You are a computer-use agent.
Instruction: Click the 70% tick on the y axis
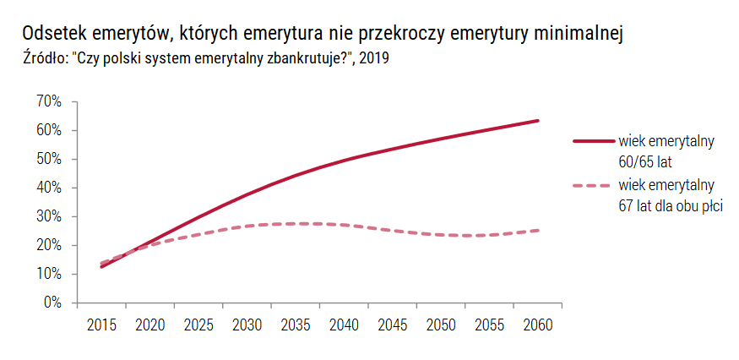click(x=49, y=101)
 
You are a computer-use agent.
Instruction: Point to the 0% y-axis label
click(x=52, y=303)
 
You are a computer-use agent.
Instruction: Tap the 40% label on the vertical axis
click(x=49, y=188)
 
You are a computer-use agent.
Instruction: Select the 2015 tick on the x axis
click(x=102, y=325)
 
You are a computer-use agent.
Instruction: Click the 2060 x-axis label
click(x=538, y=325)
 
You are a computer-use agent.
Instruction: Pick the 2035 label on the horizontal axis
click(x=296, y=325)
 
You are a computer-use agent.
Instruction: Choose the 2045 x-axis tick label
click(x=393, y=325)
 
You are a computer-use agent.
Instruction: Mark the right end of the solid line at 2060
click(x=538, y=121)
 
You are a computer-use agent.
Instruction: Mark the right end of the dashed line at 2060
click(x=538, y=230)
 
